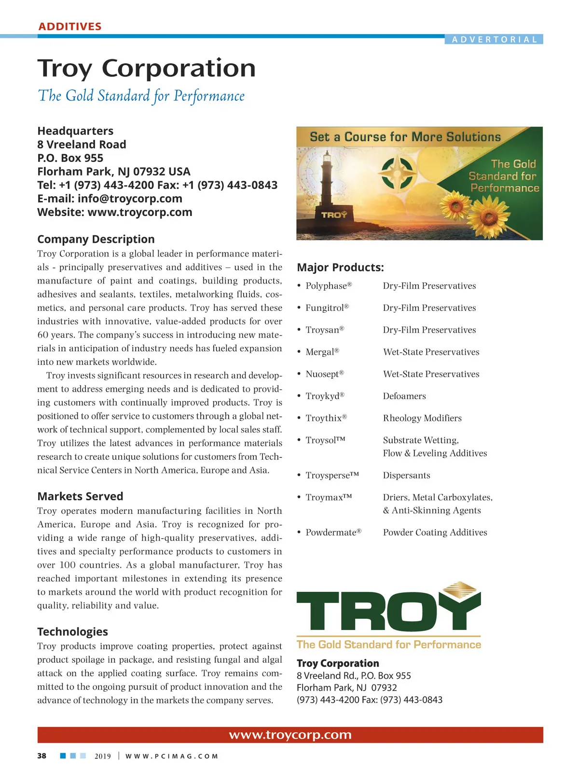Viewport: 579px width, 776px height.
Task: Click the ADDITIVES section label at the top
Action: (x=70, y=27)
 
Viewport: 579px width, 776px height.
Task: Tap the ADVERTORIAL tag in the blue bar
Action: (x=494, y=40)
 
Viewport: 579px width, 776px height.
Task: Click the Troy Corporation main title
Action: (x=146, y=68)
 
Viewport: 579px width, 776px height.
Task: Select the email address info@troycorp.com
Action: (x=130, y=199)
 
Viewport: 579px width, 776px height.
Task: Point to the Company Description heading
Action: (x=96, y=239)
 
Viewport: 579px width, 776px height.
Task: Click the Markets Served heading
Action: (x=80, y=496)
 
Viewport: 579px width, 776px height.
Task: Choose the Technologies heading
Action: (x=72, y=631)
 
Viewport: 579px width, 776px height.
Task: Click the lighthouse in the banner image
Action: (x=328, y=178)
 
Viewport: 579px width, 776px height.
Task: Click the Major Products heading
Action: (x=340, y=268)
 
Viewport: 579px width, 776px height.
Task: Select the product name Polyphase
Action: (x=326, y=286)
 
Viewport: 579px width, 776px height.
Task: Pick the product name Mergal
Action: (x=320, y=352)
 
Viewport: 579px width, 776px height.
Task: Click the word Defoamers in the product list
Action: (x=404, y=396)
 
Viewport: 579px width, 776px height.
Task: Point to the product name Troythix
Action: (x=324, y=418)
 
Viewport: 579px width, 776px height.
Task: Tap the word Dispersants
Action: (x=406, y=475)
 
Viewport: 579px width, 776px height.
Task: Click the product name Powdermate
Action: (x=331, y=532)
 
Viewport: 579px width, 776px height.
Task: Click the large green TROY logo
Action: (x=388, y=610)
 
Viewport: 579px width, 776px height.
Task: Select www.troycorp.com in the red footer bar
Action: (x=290, y=735)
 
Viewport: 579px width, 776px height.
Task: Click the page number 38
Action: (x=42, y=756)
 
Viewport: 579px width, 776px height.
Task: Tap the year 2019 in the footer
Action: (x=102, y=756)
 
